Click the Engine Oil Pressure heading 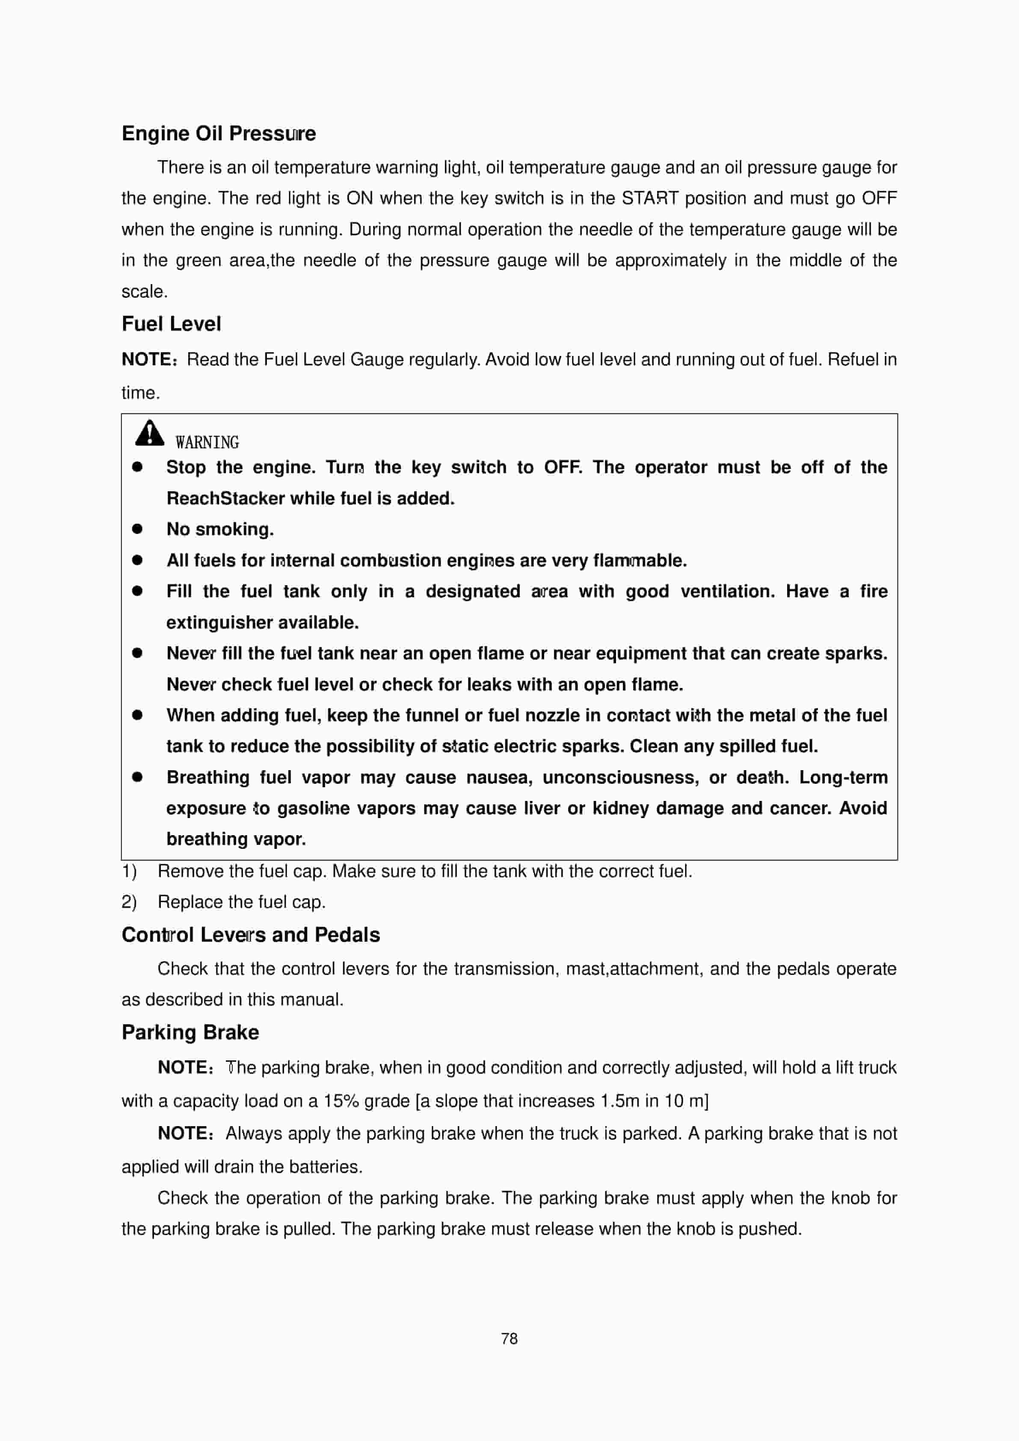218,133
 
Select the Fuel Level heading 171,324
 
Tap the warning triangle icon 149,433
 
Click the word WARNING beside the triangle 207,442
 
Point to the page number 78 509,1339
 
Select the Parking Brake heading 190,1032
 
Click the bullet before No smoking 137,529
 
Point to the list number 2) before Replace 129,902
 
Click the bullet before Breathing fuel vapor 137,777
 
